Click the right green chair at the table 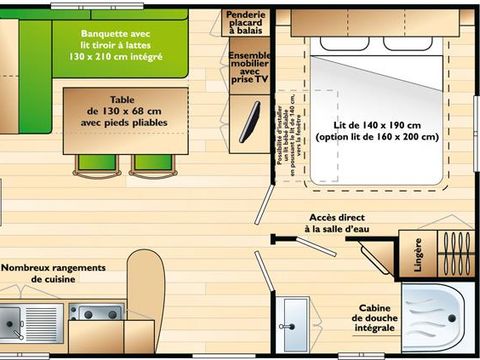click(150, 163)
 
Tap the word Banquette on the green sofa click(106, 32)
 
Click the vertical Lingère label click(418, 254)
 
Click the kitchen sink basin click(12, 323)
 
